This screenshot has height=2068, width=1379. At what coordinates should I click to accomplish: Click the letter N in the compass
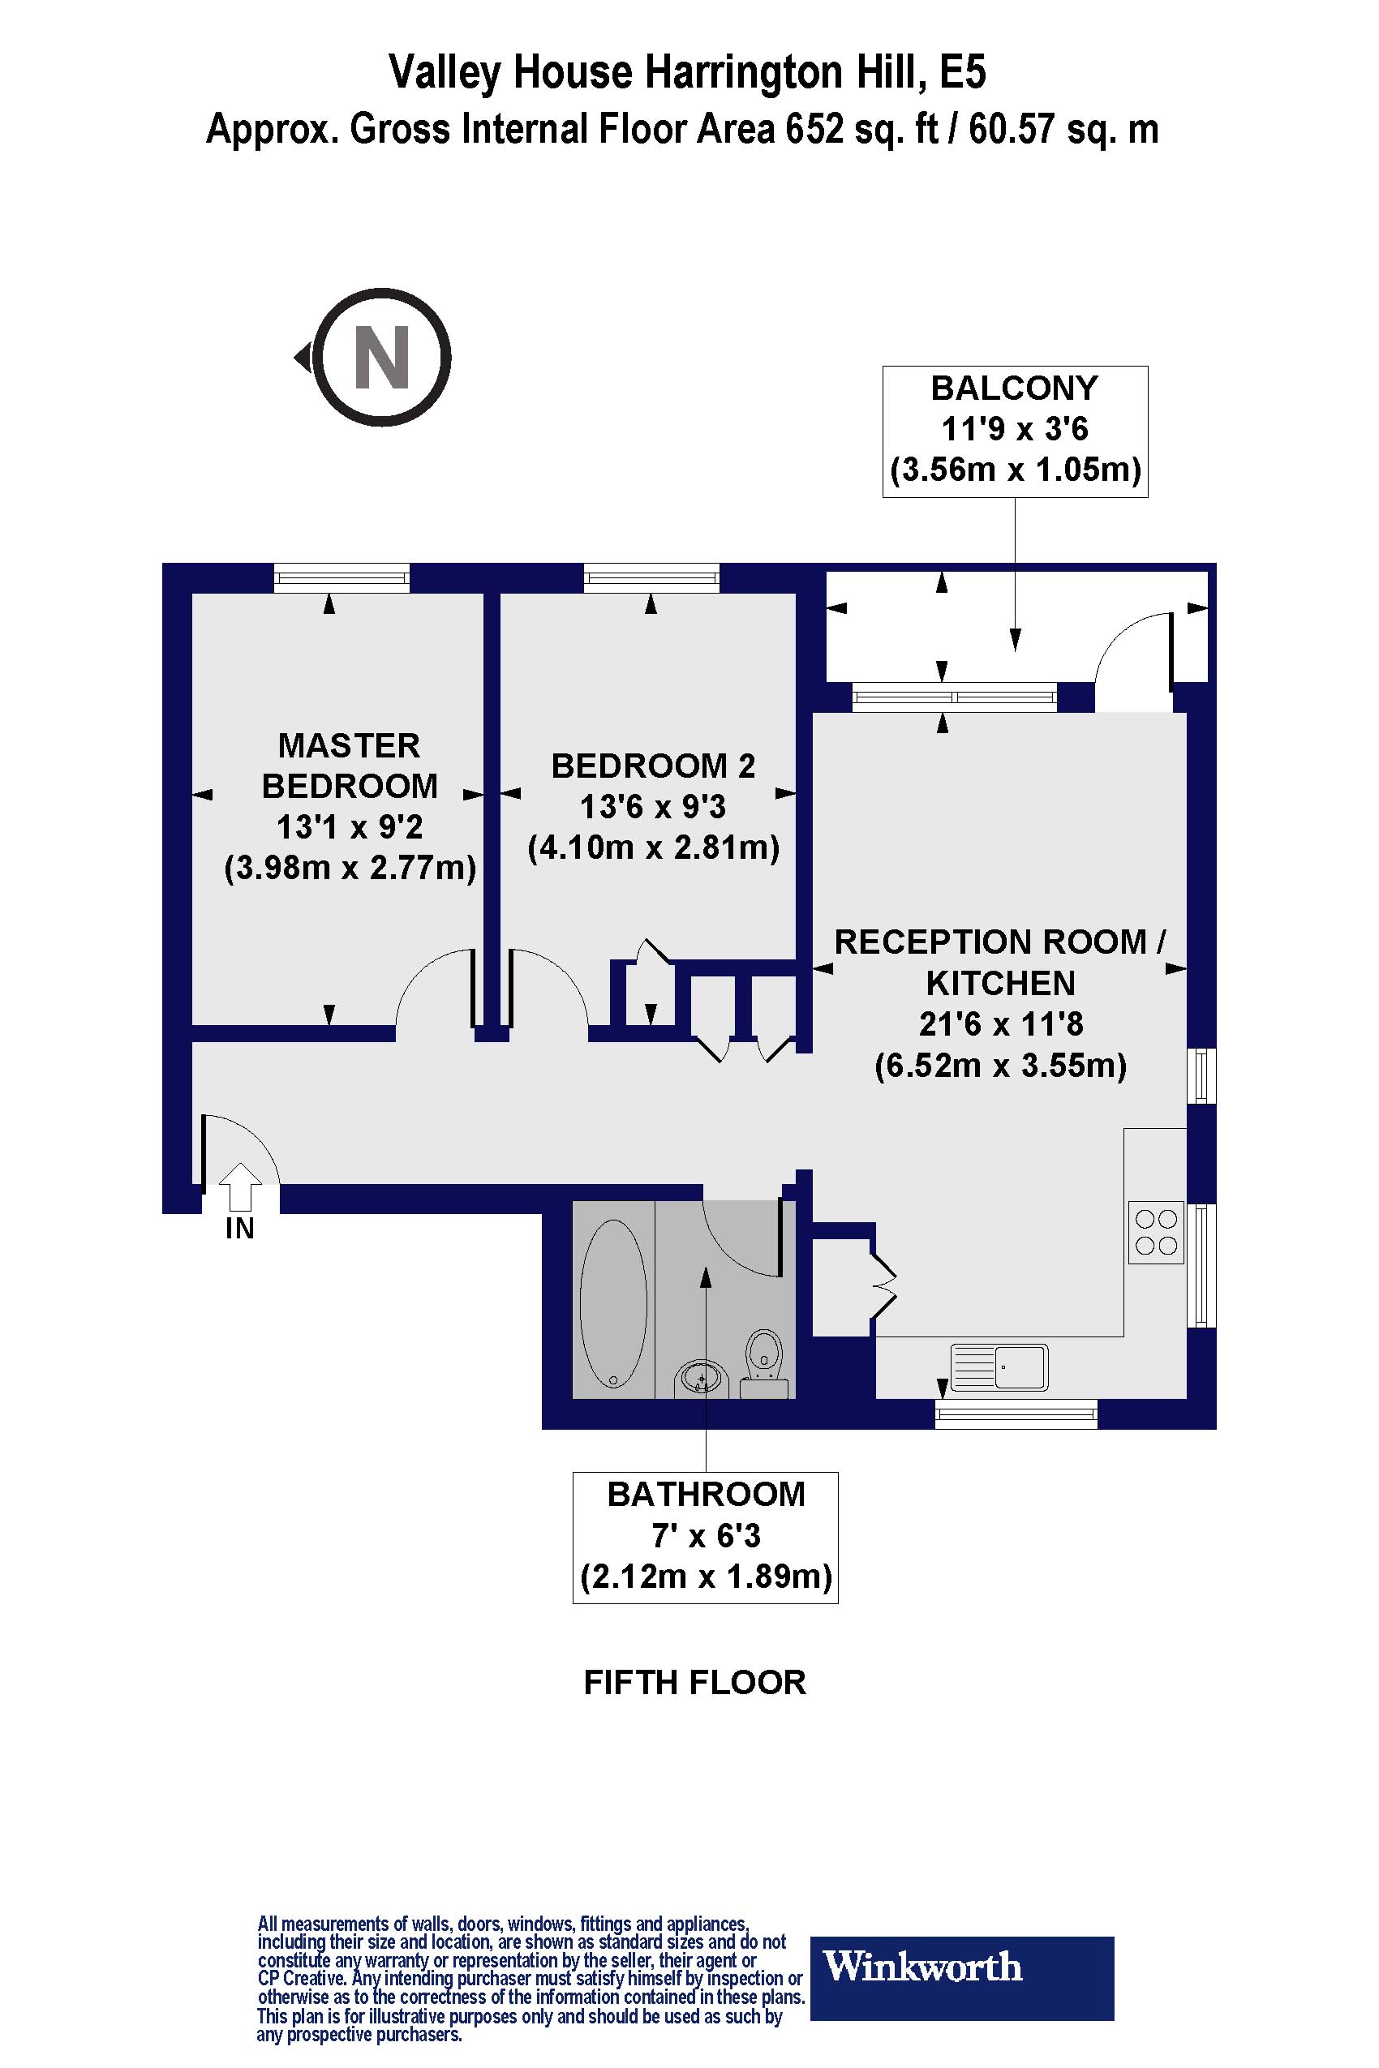coord(382,357)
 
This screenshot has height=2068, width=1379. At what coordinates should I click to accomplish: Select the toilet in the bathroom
coord(764,1361)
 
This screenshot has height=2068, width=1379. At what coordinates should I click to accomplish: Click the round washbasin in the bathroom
coord(701,1376)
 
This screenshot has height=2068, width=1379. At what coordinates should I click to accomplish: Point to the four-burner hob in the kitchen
coord(1156,1232)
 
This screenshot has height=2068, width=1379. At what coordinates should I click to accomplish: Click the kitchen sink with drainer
coord(1000,1367)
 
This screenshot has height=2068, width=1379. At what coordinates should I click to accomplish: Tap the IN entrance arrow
coord(239,1186)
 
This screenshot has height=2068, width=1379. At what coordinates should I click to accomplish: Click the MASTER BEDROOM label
coord(349,765)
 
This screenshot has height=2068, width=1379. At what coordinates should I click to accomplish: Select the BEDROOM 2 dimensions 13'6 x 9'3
coord(652,806)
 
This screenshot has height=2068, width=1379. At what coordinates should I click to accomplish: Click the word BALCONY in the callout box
coord(1014,388)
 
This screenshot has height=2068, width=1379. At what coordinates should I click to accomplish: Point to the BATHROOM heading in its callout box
coord(706,1495)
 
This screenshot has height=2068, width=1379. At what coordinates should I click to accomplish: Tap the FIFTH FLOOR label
coord(695,1682)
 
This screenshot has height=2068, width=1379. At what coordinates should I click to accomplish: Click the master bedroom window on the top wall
coord(342,577)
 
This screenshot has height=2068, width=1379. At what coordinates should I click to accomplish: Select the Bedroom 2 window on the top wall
coord(651,577)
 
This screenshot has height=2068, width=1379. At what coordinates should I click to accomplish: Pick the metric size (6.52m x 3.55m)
coord(1000,1066)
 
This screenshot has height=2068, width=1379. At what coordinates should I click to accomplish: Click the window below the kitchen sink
coord(1016,1414)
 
